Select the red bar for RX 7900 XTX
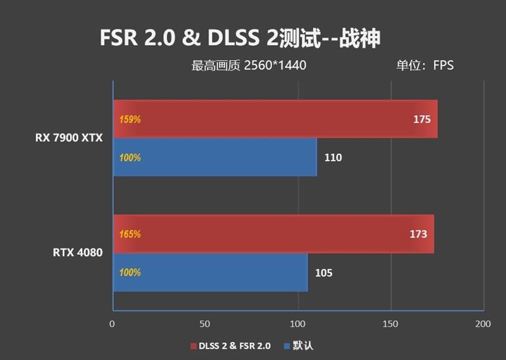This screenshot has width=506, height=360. [275, 118]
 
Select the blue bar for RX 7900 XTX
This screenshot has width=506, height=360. [215, 158]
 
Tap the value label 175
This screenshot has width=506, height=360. [422, 119]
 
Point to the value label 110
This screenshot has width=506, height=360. [333, 158]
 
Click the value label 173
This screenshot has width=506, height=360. [418, 234]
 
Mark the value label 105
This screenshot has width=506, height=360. [323, 273]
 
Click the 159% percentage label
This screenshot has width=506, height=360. [130, 119]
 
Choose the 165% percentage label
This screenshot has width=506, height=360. [130, 234]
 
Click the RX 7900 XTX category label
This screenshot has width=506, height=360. [68, 137]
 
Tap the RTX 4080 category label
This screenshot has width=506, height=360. [77, 253]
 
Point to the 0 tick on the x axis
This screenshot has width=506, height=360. [112, 324]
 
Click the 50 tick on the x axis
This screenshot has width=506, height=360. [204, 324]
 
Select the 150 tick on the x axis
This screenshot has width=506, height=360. [390, 324]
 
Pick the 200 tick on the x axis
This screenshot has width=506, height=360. [483, 324]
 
